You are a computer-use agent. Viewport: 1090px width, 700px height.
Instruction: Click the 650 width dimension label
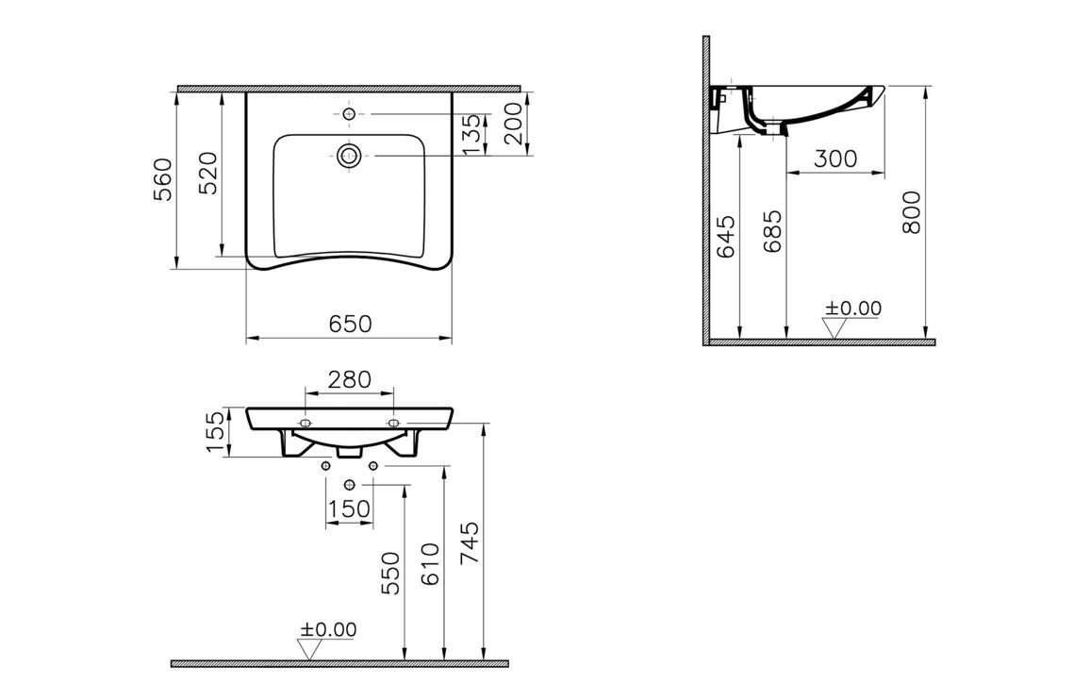click(x=351, y=324)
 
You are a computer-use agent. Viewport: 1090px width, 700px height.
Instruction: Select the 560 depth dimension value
click(x=163, y=179)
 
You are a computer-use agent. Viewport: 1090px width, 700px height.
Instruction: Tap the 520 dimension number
click(x=208, y=173)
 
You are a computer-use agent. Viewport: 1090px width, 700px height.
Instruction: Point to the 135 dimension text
click(x=471, y=135)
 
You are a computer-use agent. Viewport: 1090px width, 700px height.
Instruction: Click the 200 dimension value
click(x=513, y=124)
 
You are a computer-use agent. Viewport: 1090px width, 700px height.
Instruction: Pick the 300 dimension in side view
click(x=834, y=158)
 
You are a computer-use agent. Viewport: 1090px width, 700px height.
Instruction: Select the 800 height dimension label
click(x=911, y=212)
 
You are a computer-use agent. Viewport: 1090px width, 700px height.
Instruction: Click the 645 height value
click(x=725, y=237)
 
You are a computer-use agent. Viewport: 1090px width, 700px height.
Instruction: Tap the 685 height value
click(x=772, y=232)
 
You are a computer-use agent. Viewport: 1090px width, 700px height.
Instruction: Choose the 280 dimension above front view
click(x=350, y=379)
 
